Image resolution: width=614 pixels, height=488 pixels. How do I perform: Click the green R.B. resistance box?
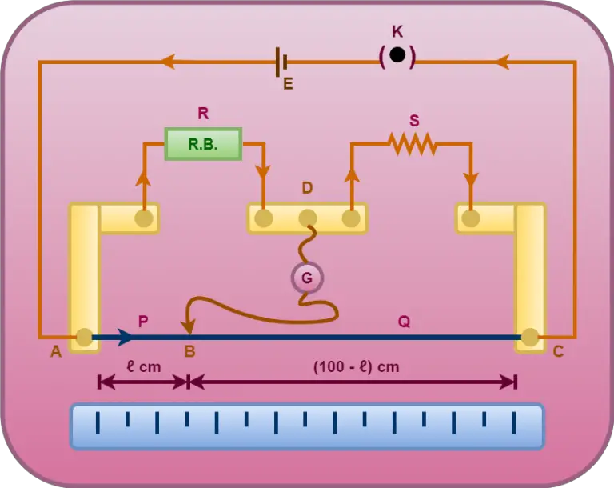203,144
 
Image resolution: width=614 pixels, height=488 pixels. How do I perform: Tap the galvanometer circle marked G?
307,278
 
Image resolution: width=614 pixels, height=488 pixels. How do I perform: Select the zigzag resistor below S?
412,144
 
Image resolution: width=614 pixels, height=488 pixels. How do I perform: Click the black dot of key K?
397,57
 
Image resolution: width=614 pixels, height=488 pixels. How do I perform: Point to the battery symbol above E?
281,61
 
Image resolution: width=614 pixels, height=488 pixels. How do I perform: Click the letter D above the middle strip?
307,188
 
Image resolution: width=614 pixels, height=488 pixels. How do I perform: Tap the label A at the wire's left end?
56,351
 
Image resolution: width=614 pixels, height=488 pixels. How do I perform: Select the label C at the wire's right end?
558,351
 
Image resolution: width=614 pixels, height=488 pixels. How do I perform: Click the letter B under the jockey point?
189,351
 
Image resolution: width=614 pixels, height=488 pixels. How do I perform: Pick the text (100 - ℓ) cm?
355,367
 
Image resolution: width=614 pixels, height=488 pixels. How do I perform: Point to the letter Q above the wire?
404,321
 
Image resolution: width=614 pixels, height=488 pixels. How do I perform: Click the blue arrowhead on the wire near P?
126,338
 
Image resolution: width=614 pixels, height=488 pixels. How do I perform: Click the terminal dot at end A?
83,338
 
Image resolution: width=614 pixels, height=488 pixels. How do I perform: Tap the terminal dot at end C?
529,338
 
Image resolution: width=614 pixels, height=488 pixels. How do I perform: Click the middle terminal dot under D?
307,218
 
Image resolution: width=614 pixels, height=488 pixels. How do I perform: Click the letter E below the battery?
288,82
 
